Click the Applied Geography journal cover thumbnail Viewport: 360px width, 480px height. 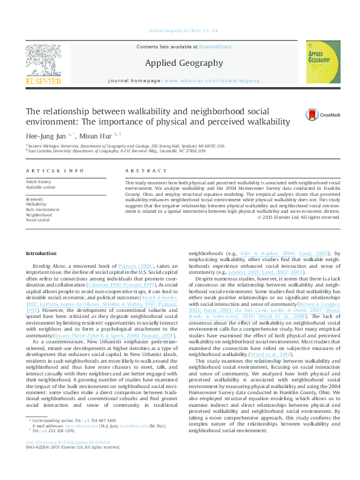[322, 62]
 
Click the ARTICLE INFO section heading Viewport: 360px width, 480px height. [55, 171]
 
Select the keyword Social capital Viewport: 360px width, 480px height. [38, 220]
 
